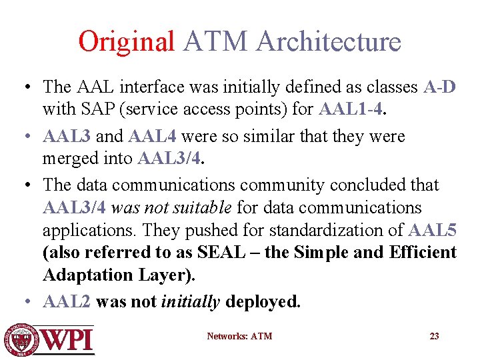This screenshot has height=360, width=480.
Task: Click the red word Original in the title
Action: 126,41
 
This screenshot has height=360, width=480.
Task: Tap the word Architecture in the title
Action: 328,41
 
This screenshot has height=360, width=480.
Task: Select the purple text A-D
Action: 439,87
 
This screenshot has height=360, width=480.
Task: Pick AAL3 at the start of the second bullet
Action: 67,137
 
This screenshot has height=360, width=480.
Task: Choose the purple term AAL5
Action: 433,231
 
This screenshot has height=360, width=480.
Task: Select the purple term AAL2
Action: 67,302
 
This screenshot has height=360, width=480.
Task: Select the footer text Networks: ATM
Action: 239,336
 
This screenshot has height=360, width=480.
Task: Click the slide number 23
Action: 434,336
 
